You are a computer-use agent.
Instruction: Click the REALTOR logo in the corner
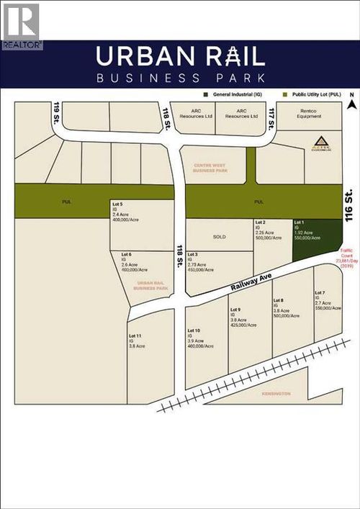[x=21, y=25]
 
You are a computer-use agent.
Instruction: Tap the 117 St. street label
[x=271, y=114]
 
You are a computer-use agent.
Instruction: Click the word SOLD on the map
[x=220, y=236]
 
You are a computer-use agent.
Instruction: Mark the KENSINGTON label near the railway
[x=276, y=394]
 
